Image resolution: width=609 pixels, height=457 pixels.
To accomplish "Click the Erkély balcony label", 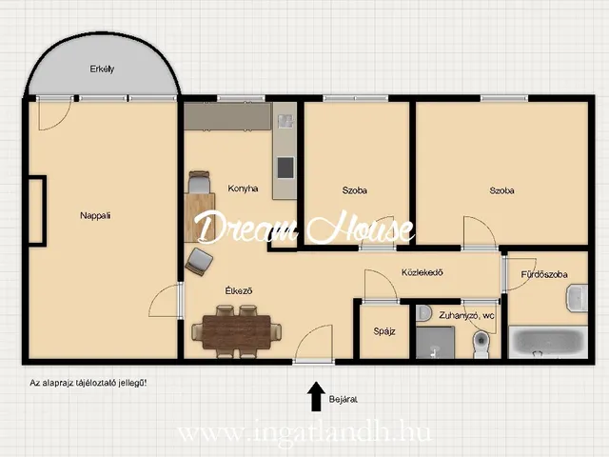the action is coord(102,70).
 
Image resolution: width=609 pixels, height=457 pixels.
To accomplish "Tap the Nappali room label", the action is coord(95,215).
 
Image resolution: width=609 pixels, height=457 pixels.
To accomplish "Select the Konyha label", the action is coord(244,189).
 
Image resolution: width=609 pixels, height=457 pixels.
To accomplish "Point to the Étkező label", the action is coord(239,290).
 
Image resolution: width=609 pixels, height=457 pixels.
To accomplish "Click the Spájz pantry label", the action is coord(384,331).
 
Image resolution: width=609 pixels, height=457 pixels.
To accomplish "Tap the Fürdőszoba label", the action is coord(544,274).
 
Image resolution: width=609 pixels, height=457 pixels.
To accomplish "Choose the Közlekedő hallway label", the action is coord(422,272).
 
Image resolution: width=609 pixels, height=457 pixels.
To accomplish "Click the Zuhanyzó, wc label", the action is coord(466,315).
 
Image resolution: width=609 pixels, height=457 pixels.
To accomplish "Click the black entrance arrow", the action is coord(316,396).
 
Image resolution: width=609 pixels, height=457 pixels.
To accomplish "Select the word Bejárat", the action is coord(343,399).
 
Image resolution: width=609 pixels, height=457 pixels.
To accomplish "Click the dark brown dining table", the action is coord(237,332).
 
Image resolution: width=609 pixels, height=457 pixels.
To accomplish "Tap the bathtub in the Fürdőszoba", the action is coord(548,343).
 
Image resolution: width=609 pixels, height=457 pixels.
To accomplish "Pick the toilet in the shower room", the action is coord(481,345).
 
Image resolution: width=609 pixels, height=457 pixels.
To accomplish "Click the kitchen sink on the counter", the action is coord(285,121).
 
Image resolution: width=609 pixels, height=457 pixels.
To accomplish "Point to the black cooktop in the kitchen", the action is coord(285,168).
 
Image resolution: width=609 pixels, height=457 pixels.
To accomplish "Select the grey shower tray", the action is coord(435,343).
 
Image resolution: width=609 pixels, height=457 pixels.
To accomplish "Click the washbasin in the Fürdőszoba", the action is coord(578,298).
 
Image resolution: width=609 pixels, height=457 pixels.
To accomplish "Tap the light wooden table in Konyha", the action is coord(200,218).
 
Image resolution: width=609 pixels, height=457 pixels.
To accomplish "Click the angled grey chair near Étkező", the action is coord(199,262).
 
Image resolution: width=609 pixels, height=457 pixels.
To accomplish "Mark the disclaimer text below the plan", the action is coord(88,383).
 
